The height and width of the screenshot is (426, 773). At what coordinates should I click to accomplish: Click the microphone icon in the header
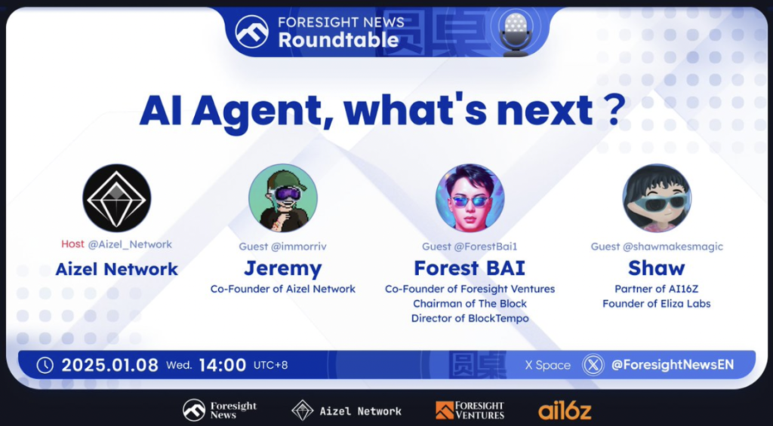coord(516,32)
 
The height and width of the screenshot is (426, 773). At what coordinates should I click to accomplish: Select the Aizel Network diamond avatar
coord(117,198)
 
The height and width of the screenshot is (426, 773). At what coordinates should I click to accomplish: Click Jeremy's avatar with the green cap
coord(283,198)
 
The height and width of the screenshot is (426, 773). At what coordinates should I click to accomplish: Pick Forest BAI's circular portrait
coord(470,198)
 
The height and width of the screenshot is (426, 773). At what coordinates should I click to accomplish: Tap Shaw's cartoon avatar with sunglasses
coord(657,198)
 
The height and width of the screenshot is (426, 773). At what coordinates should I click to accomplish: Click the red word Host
coord(72,244)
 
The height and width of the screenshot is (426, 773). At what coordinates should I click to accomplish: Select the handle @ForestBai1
coord(485,247)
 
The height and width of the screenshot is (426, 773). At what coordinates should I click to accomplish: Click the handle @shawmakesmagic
coord(673,247)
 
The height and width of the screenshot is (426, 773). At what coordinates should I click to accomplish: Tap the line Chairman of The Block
coord(470,303)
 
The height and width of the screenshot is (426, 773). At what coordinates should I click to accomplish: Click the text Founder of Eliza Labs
coord(657,303)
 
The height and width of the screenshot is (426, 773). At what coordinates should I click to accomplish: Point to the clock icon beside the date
coord(45,365)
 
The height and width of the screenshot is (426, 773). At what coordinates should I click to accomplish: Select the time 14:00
coord(223,365)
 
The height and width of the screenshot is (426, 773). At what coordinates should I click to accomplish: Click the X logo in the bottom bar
coord(593,365)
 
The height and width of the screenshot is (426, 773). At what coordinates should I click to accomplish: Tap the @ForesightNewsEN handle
coord(673,365)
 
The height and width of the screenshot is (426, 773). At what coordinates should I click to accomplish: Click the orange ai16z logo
coord(565,410)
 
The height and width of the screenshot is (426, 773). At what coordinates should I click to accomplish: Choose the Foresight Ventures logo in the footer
coord(470,410)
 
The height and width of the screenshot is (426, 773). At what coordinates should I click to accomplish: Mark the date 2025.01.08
coord(110,365)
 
